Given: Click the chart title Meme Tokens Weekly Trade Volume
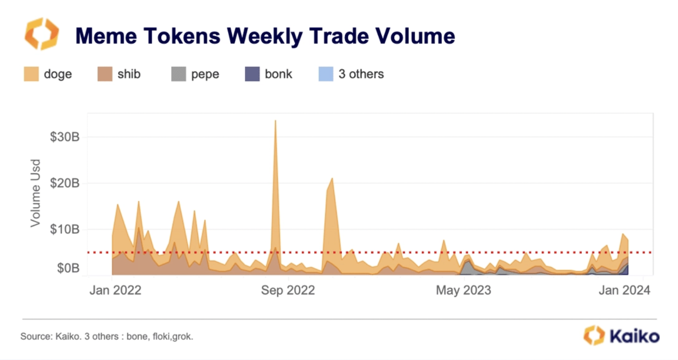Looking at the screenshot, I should coord(265,35).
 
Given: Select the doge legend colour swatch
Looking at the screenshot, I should coord(31,74).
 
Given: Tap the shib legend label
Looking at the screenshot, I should coord(129,74).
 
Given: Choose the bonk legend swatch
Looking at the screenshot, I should coord(252,74).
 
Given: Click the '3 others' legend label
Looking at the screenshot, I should coord(361,74).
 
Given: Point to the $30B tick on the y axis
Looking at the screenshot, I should coord(65,137).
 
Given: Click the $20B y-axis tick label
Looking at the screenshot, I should coord(65,183).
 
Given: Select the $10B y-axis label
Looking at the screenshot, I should coord(65,229).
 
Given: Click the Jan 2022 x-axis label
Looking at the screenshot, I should coord(115,290).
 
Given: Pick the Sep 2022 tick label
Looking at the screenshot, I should coord(288,290).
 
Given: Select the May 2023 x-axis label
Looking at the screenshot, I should coord(464,290).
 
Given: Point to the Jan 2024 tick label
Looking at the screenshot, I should coord(625,290).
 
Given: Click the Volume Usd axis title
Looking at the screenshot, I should coord(35,193).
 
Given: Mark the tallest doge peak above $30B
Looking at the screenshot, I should coord(275,121).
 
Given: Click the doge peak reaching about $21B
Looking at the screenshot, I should coord(332,179).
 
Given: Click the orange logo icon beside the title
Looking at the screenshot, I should coord(41,34).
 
